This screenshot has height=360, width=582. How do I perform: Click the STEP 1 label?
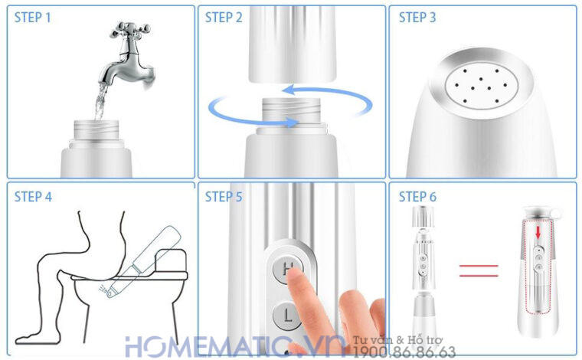(x=33, y=17)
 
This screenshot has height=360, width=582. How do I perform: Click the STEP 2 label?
(x=224, y=17)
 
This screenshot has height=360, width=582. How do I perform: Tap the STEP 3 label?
(x=418, y=17)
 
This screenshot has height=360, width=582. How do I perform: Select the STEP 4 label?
(x=33, y=197)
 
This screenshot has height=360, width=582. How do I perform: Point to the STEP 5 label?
(x=224, y=197)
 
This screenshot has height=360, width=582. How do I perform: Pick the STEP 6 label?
(x=418, y=197)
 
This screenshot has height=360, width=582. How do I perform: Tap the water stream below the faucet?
(x=97, y=103)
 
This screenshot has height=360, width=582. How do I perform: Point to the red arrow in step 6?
(x=538, y=232)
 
